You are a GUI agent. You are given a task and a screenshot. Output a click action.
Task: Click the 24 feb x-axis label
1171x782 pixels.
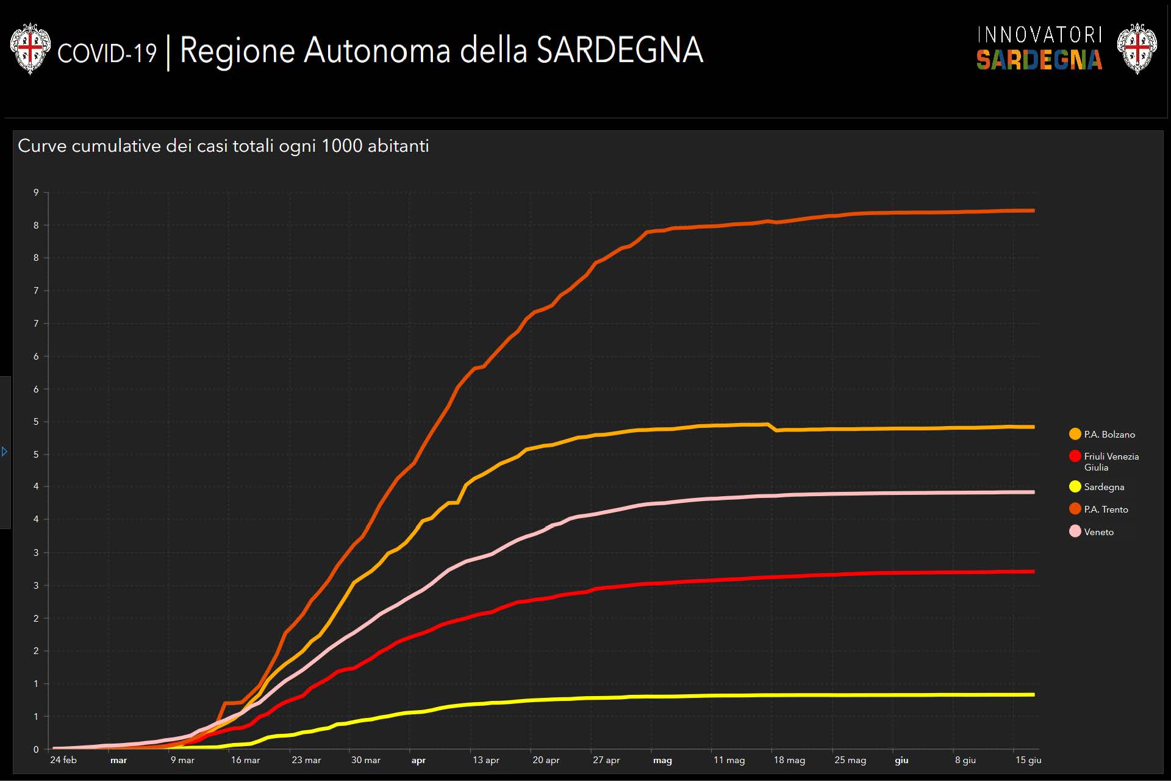(x=63, y=760)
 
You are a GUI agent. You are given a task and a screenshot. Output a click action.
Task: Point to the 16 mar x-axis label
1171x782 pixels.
(x=245, y=760)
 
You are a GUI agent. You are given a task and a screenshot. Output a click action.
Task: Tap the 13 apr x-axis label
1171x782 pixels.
(x=485, y=760)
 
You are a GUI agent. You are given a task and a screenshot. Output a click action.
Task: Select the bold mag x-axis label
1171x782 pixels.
(x=662, y=761)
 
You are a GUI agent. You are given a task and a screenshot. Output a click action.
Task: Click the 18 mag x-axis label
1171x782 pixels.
(x=789, y=760)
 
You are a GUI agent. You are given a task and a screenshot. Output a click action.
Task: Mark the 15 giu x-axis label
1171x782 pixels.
(x=1028, y=760)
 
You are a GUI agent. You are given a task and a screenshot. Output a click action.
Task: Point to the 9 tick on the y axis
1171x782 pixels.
(x=36, y=193)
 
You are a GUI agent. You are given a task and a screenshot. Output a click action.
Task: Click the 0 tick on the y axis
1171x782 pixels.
(x=36, y=750)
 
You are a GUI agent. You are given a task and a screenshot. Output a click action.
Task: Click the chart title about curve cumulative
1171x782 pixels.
(x=223, y=146)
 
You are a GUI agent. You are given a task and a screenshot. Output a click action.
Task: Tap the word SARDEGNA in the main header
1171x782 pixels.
(x=620, y=50)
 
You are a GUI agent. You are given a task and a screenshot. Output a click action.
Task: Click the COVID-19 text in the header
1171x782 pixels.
(x=107, y=53)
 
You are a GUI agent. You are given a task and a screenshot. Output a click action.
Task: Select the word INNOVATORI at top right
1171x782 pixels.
(x=1039, y=35)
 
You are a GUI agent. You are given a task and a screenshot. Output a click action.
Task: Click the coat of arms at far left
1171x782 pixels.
(x=30, y=49)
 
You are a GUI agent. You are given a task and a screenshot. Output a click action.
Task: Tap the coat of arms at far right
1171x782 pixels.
(x=1137, y=49)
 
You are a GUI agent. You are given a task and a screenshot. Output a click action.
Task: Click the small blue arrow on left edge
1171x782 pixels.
(x=5, y=452)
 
